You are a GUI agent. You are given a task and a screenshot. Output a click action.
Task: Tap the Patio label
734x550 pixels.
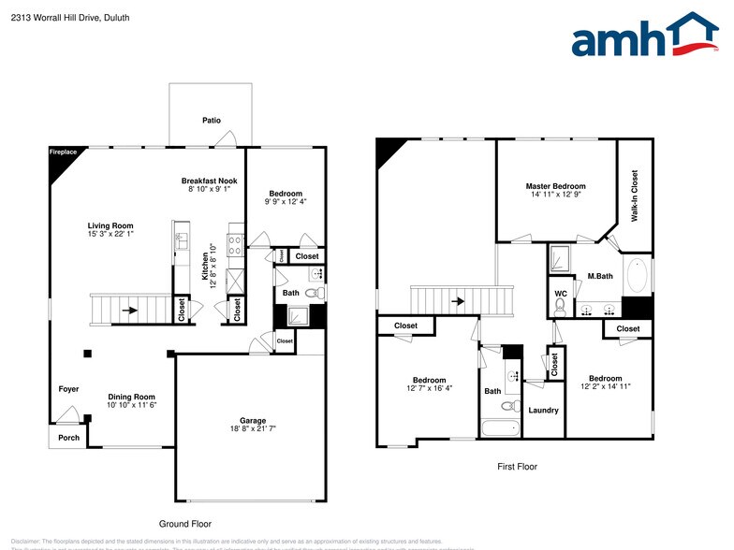click(211, 120)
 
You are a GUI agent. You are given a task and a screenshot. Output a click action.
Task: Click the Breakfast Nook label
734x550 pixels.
click(209, 181)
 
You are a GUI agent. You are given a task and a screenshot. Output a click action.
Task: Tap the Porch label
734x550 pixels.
click(68, 437)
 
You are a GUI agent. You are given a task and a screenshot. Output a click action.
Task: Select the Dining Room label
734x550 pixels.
click(132, 397)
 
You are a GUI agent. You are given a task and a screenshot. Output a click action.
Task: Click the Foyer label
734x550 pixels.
click(68, 389)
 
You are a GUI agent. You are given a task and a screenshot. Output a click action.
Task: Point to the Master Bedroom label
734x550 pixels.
click(555, 186)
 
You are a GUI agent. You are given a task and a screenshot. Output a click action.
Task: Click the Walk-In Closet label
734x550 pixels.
click(635, 195)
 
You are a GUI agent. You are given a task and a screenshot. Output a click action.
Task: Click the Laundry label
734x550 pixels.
click(543, 410)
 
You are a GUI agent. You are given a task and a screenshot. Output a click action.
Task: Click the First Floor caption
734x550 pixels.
click(516, 466)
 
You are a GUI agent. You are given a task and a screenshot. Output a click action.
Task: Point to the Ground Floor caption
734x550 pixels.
click(186, 524)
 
